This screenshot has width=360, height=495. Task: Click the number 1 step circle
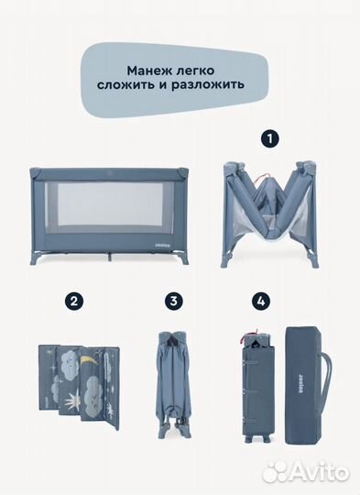coord(268,140)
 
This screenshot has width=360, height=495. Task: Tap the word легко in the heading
coord(202,69)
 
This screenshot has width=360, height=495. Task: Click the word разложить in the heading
coord(211,88)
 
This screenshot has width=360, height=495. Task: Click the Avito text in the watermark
coord(317,471)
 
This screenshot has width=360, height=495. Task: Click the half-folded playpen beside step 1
coord(268,214)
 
